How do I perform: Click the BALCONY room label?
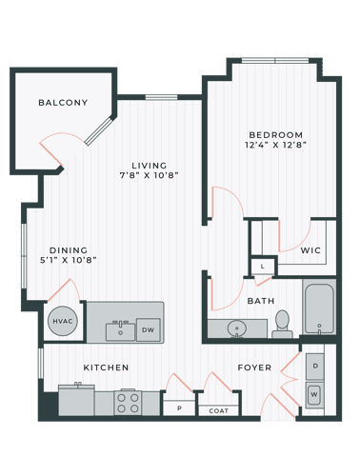(x=63, y=103)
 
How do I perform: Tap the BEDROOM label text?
(x=276, y=134)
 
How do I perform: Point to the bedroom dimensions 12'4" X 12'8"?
(x=276, y=146)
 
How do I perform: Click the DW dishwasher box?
(x=148, y=329)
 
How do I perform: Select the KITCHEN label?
(x=105, y=367)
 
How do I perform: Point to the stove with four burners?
(x=129, y=403)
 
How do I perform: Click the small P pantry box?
(x=177, y=408)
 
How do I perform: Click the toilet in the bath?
(x=281, y=323)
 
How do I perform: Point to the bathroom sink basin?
(x=235, y=328)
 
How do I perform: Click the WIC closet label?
(x=311, y=250)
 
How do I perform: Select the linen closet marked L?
(x=262, y=267)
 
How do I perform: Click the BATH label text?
(x=261, y=301)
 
